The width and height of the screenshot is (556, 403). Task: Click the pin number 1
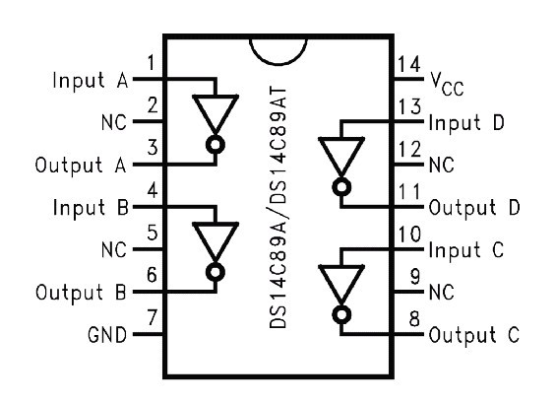(152, 63)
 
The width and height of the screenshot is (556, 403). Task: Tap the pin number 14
(409, 64)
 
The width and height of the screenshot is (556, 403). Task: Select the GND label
(107, 334)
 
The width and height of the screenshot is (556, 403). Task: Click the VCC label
(447, 84)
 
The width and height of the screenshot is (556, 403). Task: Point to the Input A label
(91, 80)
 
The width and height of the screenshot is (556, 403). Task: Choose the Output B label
(81, 293)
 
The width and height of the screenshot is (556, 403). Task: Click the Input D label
(466, 122)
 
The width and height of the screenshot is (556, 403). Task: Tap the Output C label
(474, 334)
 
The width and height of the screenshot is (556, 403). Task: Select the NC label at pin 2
(114, 122)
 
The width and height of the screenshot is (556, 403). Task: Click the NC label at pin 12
(442, 165)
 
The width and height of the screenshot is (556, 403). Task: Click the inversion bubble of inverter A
(216, 145)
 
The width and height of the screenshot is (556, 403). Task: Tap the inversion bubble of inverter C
(341, 314)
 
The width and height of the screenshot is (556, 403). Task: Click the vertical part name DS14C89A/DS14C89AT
(278, 208)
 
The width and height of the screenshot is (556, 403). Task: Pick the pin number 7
(153, 317)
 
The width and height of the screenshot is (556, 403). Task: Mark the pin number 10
(409, 234)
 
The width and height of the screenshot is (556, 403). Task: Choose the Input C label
(466, 249)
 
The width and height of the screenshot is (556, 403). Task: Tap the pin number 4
(153, 191)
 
